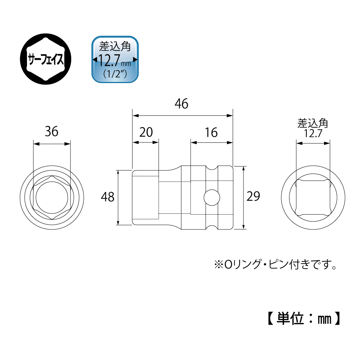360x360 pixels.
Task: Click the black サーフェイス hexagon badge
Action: tap(45, 59)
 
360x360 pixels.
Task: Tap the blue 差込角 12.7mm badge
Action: tap(115, 59)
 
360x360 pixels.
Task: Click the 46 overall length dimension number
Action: tap(181, 104)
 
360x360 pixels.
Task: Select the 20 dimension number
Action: tap(146, 132)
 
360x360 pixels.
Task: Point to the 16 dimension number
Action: tap(211, 132)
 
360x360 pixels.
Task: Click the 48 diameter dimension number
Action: tap(108, 197)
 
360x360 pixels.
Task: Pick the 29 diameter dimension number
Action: tap(253, 196)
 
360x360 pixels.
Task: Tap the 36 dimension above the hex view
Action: tap(52, 132)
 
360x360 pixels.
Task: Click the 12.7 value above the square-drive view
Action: tap(313, 133)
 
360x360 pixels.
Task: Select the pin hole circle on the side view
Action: tap(212, 197)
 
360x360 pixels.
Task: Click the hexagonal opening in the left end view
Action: tap(52, 198)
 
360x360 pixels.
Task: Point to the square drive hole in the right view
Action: tap(313, 198)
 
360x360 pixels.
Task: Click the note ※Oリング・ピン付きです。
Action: tap(275, 264)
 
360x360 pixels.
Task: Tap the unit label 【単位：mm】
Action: tap(304, 318)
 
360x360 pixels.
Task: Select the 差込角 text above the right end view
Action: tap(313, 123)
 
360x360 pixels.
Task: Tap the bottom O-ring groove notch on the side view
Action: tap(211, 227)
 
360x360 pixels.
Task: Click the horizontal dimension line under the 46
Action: tap(183, 115)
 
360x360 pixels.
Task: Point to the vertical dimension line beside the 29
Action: tap(243, 198)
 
